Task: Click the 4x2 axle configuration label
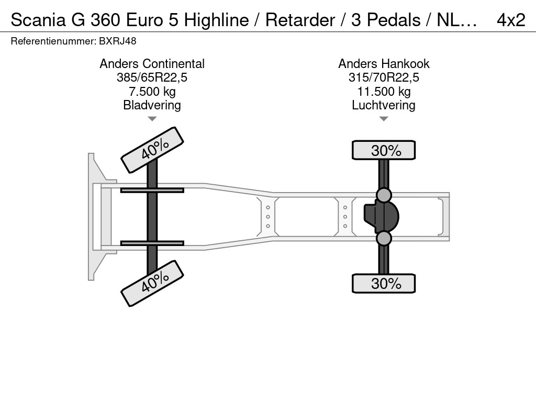[511, 20]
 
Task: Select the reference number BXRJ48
[118, 41]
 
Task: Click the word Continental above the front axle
[173, 63]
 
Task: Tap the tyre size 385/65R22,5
[152, 77]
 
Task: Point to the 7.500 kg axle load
[152, 92]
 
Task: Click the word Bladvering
[152, 105]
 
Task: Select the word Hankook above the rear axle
[405, 63]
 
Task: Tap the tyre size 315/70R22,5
[384, 77]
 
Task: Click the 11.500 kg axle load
[384, 92]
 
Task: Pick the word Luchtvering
[384, 105]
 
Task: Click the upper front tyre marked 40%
[152, 150]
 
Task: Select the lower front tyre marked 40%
[152, 283]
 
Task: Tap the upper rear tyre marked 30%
[384, 150]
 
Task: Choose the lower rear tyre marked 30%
[384, 283]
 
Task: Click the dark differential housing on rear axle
[382, 217]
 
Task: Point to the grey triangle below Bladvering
[152, 119]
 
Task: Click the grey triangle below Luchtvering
[384, 119]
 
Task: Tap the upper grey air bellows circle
[384, 195]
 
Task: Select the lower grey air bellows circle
[384, 238]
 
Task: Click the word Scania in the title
[38, 20]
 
